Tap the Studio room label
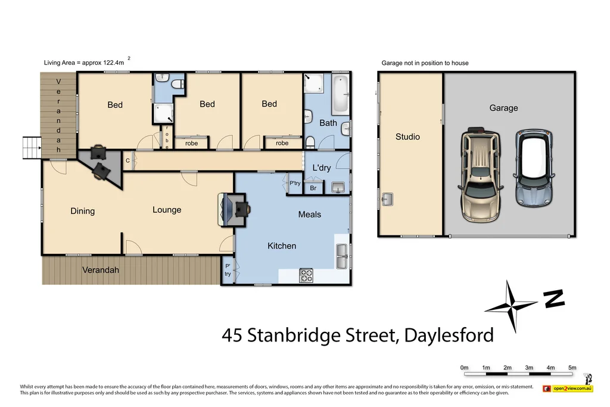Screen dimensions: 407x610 click(407, 137)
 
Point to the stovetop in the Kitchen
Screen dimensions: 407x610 click(306, 275)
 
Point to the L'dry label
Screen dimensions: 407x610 click(322, 168)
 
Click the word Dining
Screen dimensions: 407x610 click(82, 211)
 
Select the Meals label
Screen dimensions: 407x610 click(309, 215)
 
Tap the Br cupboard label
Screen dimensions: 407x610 click(313, 188)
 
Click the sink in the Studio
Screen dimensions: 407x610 click(387, 200)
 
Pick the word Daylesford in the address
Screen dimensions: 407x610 click(449, 335)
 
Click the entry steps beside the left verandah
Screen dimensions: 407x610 click(31, 147)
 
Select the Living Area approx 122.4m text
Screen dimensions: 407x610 click(84, 63)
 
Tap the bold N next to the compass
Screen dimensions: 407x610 click(554, 299)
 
